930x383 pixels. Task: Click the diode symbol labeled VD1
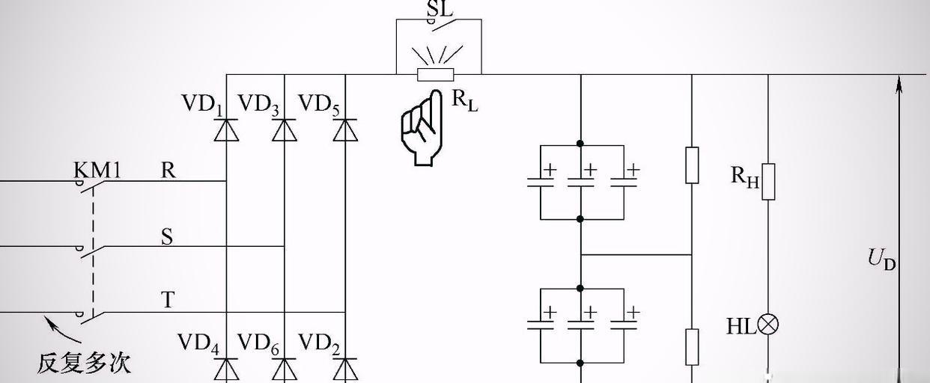click(226, 130)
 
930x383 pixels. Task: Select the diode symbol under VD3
click(284, 130)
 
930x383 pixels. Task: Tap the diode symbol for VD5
click(344, 130)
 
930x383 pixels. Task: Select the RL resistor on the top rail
click(435, 74)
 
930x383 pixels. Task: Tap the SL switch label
click(439, 9)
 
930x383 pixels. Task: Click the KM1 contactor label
click(97, 170)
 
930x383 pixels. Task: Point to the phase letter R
click(168, 171)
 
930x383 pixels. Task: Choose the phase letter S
click(167, 237)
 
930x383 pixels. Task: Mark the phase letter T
click(168, 301)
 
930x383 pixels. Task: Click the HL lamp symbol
click(768, 325)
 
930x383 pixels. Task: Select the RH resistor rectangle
click(768, 182)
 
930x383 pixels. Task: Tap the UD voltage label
click(881, 259)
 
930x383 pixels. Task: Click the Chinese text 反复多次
click(84, 363)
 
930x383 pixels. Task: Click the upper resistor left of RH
click(692, 165)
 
